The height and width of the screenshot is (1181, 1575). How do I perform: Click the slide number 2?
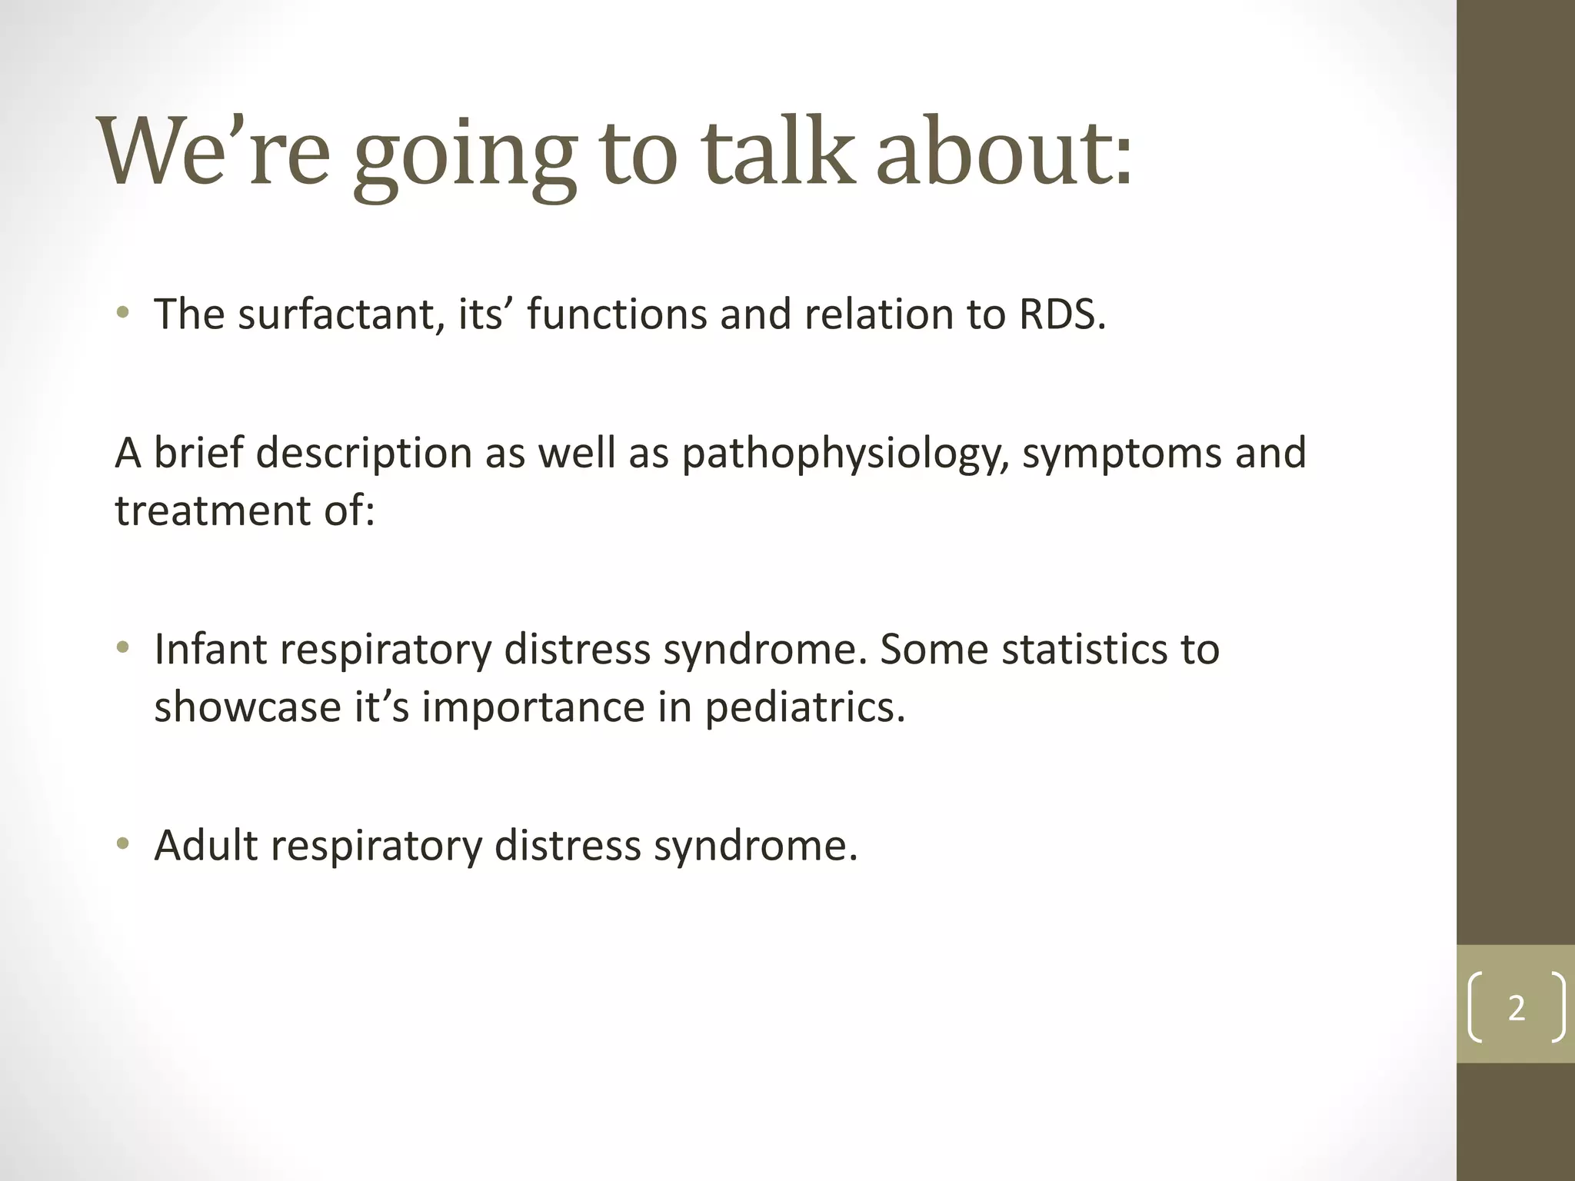(x=1516, y=1008)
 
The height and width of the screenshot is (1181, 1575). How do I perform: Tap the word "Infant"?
(x=210, y=650)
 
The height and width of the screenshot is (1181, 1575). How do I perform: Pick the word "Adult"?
(x=206, y=846)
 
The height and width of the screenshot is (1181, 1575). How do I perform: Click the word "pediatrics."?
(x=805, y=707)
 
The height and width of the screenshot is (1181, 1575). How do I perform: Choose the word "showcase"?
(x=247, y=707)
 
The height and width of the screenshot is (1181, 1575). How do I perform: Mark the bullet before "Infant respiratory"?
(x=122, y=648)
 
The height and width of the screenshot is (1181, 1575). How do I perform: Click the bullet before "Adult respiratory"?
(x=122, y=844)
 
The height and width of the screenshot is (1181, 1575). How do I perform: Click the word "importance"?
(x=533, y=707)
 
